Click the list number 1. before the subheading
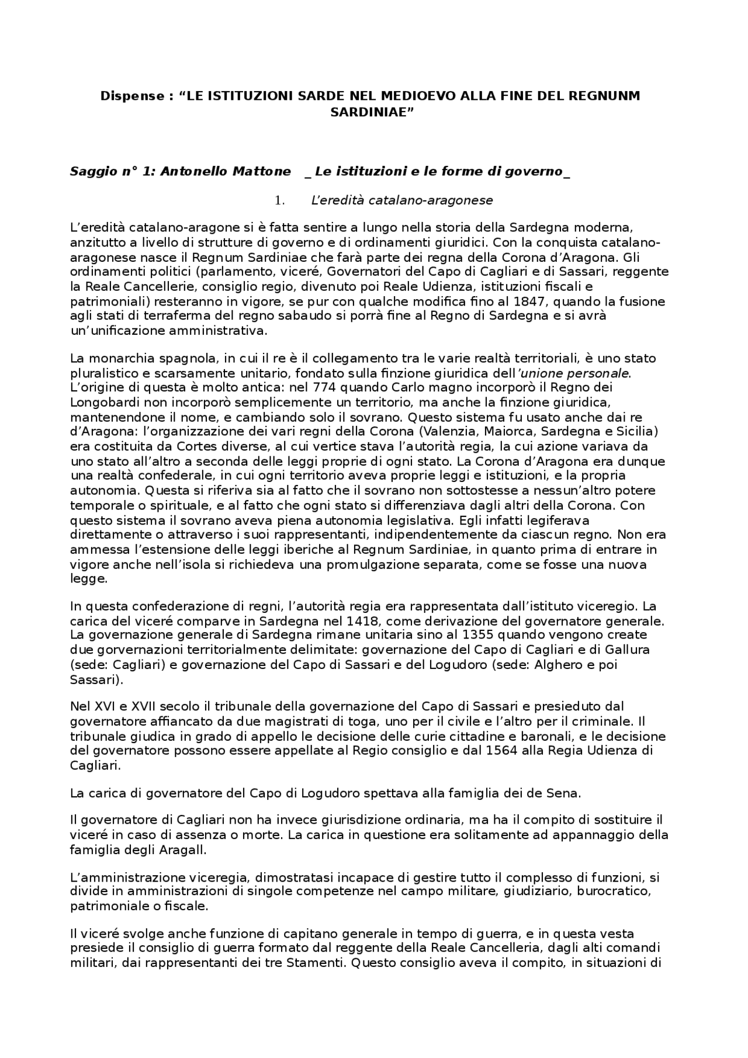[279, 200]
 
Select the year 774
[324, 387]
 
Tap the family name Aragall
[182, 849]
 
